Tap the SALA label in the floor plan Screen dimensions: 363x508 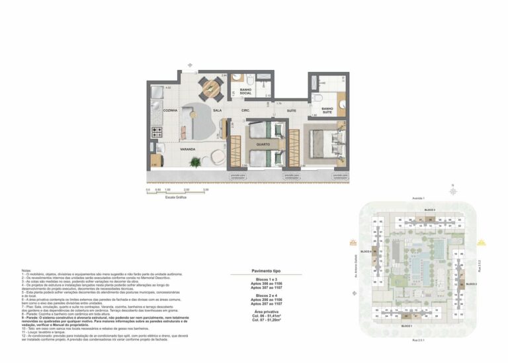click(217, 110)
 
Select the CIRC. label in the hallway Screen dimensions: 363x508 click(245, 110)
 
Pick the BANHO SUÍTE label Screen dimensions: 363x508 click(327, 110)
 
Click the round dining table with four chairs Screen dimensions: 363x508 click(210, 87)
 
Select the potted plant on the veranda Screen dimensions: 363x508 click(194, 161)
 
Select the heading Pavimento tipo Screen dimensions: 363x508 click(267, 271)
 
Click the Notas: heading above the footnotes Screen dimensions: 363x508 click(26, 271)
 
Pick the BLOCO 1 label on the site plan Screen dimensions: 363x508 click(407, 327)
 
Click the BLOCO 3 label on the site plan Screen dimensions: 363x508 click(411, 209)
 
